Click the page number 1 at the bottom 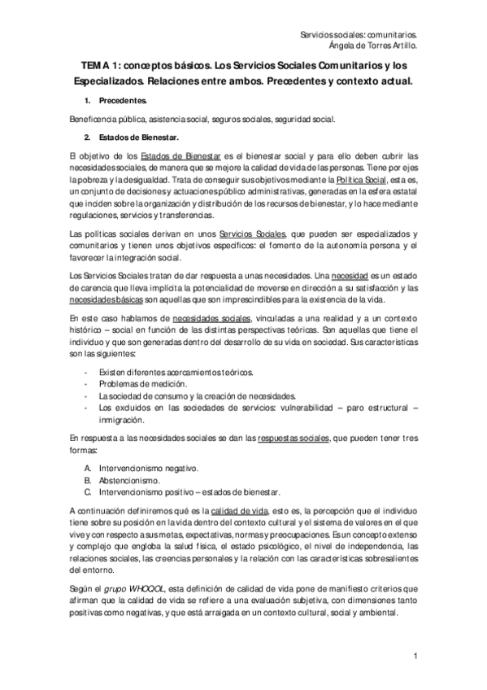[x=415, y=656]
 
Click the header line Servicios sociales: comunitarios [x=359, y=35]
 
